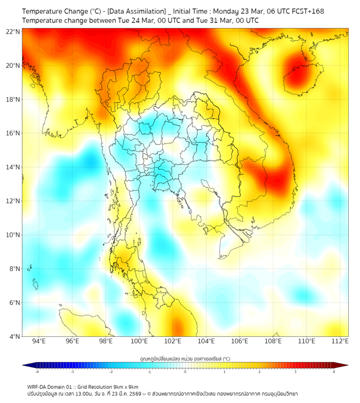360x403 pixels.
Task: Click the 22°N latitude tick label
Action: click(13, 32)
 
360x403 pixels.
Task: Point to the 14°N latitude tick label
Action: click(13, 167)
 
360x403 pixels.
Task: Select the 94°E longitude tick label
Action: click(39, 341)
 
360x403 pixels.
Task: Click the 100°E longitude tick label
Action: click(140, 341)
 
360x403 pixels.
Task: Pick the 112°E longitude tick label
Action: click(340, 341)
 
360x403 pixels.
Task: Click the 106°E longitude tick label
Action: click(240, 341)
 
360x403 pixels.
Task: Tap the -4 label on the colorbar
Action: click(37, 372)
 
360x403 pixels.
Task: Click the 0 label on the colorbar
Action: click(185, 372)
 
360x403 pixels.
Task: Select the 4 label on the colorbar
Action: click(333, 372)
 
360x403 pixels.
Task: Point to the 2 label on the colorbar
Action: click(259, 372)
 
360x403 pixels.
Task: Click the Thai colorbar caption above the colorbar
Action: click(185, 358)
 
